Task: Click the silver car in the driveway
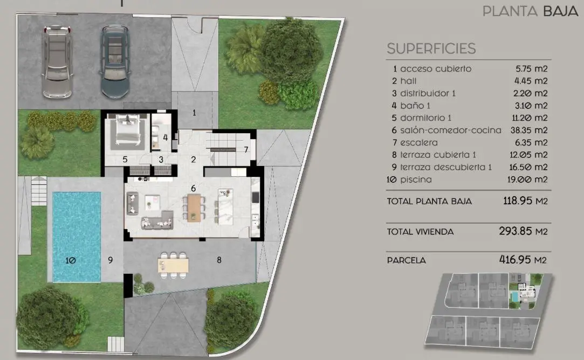[57, 62]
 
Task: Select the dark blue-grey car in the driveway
[115, 62]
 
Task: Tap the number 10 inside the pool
[71, 261]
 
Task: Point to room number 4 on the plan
[165, 137]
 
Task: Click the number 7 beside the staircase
[246, 150]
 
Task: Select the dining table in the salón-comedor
[194, 207]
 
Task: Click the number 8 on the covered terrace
[219, 260]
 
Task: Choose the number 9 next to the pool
[110, 260]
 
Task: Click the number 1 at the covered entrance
[194, 113]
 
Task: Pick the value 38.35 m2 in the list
[529, 130]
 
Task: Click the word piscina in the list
[416, 179]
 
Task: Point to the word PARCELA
[407, 260]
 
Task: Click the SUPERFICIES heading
[431, 49]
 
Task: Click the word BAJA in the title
[560, 11]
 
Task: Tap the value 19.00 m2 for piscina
[527, 179]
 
